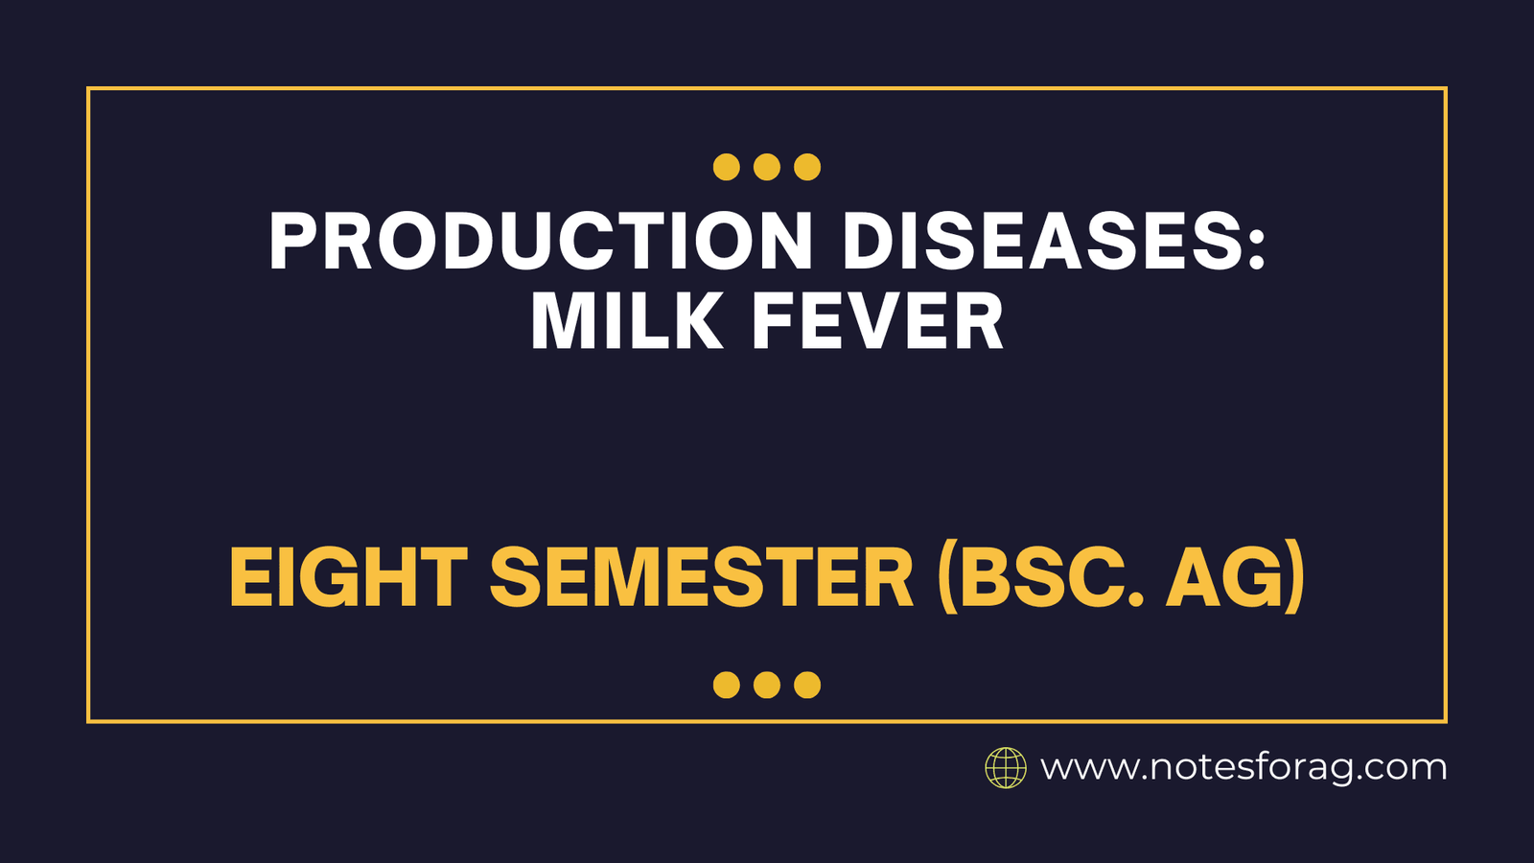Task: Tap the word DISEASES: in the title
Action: tap(1054, 241)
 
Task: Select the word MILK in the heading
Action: tap(627, 322)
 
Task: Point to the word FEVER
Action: tap(877, 322)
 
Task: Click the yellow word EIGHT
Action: tap(348, 578)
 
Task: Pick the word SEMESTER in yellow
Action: tap(702, 578)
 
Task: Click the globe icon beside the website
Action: tap(1006, 768)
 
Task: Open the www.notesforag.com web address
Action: tap(1243, 768)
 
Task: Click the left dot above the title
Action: tap(727, 167)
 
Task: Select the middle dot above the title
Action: tap(767, 167)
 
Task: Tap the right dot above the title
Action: tap(807, 167)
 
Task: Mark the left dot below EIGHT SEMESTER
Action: tap(727, 685)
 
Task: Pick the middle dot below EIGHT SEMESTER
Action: tap(767, 685)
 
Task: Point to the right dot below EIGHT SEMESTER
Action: tap(807, 685)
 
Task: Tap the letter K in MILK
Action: tap(699, 322)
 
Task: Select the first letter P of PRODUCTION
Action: tap(291, 241)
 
